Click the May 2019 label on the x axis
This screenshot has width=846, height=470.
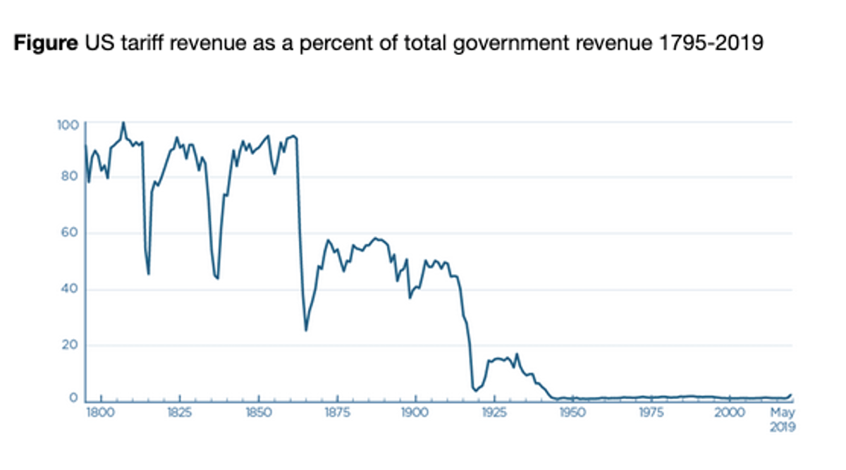[x=782, y=420]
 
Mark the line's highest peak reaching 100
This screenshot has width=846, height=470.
[x=123, y=123]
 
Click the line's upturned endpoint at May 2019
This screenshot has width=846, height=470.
[x=791, y=395]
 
